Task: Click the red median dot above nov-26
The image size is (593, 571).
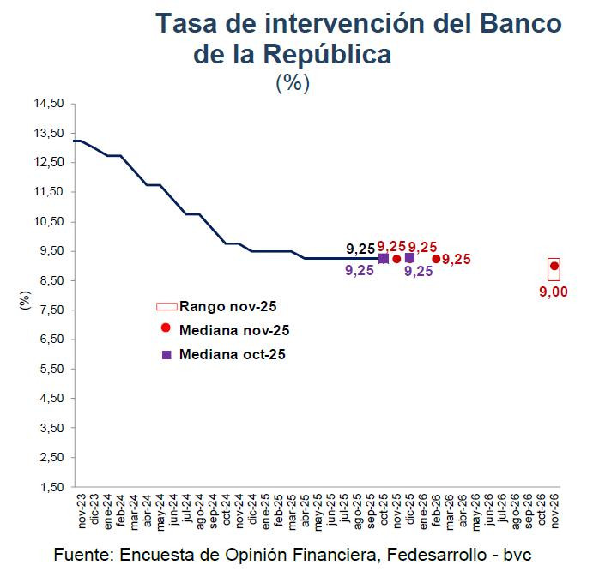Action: point(554,266)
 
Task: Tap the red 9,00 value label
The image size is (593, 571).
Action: point(554,292)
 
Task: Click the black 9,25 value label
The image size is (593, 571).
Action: point(360,249)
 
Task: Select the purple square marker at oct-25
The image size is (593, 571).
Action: point(384,258)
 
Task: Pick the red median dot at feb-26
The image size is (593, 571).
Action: point(436,259)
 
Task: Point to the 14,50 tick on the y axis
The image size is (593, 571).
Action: point(49,104)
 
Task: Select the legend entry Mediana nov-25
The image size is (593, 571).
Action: point(234,329)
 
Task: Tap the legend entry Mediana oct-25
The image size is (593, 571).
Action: point(232,353)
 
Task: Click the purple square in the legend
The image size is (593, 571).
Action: point(166,354)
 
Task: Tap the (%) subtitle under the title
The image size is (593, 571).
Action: point(293,83)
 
